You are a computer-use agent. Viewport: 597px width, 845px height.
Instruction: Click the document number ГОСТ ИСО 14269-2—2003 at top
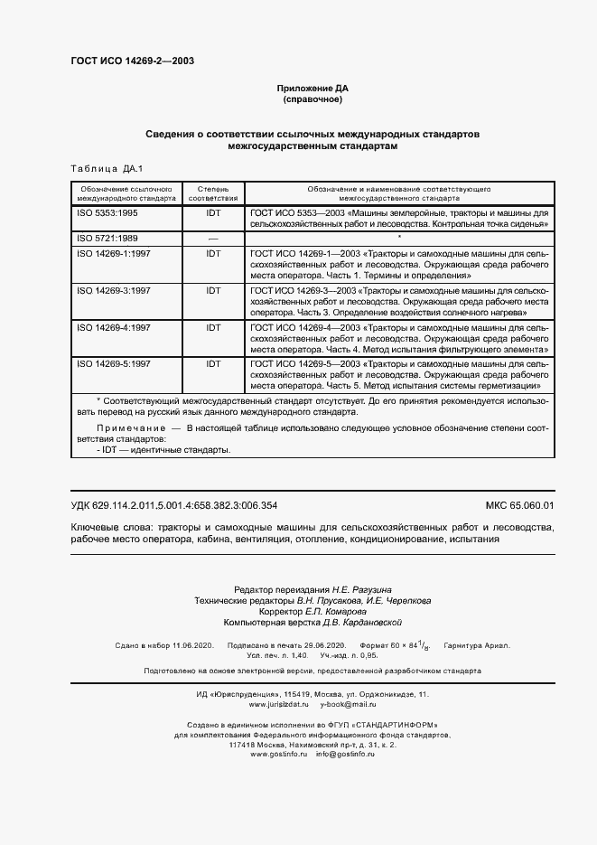coord(132,61)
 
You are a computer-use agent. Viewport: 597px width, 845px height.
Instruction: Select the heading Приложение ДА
coord(312,88)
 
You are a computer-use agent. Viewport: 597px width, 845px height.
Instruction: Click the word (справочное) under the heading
coord(312,99)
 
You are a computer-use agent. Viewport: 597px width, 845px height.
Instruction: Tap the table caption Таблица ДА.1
coord(101,169)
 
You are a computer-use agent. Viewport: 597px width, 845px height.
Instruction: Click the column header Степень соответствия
coord(213,192)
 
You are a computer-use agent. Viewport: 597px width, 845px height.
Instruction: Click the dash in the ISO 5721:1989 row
coord(213,237)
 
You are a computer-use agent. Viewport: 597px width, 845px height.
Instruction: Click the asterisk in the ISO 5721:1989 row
coord(398,237)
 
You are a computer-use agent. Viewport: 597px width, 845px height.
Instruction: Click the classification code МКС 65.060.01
coord(519,506)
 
